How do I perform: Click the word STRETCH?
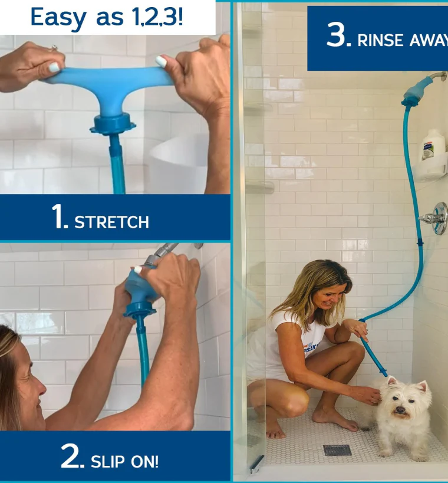pyautogui.click(x=111, y=222)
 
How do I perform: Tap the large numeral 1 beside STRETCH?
pyautogui.click(x=59, y=217)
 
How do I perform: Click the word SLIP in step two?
pyautogui.click(x=108, y=461)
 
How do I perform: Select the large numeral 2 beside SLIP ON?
pyautogui.click(x=73, y=456)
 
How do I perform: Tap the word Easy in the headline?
pyautogui.click(x=58, y=17)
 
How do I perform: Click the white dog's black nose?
pyautogui.click(x=400, y=409)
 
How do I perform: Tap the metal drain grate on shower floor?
pyautogui.click(x=337, y=450)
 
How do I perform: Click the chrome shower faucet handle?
pyautogui.click(x=434, y=218)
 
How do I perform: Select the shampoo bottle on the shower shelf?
pyautogui.click(x=433, y=144)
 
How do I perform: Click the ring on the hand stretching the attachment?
pyautogui.click(x=54, y=48)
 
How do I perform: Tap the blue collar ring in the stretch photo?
pyautogui.click(x=113, y=124)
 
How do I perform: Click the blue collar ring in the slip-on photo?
pyautogui.click(x=140, y=309)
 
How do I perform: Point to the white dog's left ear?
pyautogui.click(x=423, y=387)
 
